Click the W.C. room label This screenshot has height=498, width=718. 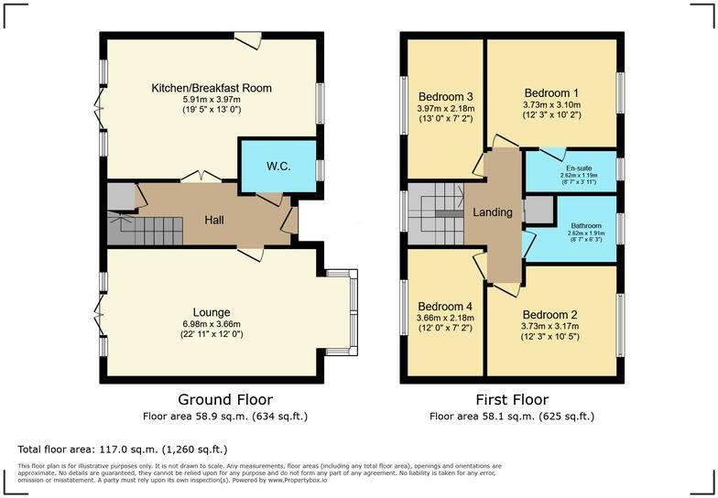point(278,167)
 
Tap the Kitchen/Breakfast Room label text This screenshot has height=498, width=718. point(212,88)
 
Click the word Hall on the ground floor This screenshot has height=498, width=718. point(213,220)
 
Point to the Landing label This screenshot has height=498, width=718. point(492,212)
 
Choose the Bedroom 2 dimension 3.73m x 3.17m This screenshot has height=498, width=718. point(551,325)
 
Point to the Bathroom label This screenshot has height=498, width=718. point(586,225)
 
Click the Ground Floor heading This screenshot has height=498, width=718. point(224,400)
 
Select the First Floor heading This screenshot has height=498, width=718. point(511,400)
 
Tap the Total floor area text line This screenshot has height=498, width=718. point(122,449)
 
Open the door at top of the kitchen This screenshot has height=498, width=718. point(247,38)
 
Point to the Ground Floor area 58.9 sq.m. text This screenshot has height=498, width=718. point(224,417)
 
